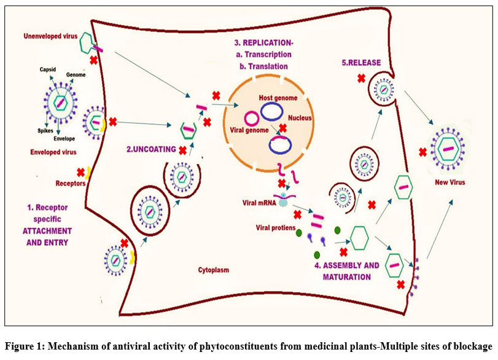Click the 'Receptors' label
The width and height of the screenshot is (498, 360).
coord(70,182)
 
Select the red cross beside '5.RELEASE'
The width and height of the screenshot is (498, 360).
coord(361,79)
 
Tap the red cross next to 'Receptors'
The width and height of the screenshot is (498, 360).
coord(81,172)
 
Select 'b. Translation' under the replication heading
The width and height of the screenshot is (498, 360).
coord(265,66)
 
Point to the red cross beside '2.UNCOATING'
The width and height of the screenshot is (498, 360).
coord(182,149)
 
